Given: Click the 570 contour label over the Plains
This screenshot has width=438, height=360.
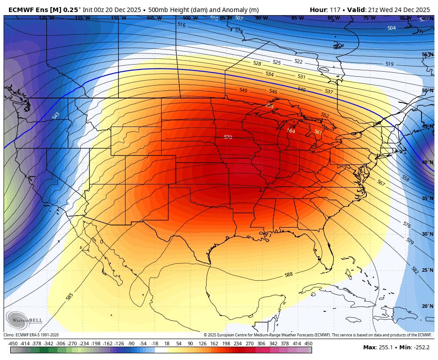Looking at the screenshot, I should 228,137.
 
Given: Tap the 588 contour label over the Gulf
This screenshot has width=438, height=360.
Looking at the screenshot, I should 288,274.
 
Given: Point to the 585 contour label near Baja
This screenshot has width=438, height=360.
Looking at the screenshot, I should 69,296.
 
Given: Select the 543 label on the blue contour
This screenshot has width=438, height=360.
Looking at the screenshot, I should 56,115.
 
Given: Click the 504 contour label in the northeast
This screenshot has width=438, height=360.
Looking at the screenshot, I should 391,28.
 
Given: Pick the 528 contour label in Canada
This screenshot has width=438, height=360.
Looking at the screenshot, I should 257,64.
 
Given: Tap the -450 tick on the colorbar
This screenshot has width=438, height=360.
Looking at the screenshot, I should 12,344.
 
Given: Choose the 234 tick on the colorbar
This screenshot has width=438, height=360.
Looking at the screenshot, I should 237,344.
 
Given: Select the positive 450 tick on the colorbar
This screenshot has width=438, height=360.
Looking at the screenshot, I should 308,344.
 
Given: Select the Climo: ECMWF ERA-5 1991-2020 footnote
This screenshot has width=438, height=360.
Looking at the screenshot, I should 31,335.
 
